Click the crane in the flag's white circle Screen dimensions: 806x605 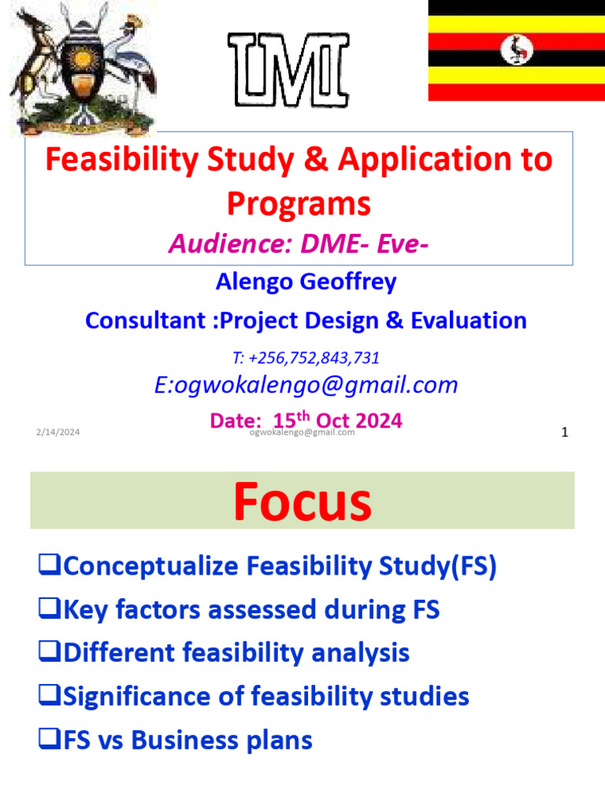coord(517,51)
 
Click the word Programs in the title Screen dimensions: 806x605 coord(299,204)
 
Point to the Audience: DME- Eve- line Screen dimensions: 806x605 coord(299,245)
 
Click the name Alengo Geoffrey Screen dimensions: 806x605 coord(305,281)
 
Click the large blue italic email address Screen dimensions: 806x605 coord(305,385)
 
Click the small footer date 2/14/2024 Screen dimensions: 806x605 coord(58,432)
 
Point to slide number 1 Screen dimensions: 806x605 coord(564,432)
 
